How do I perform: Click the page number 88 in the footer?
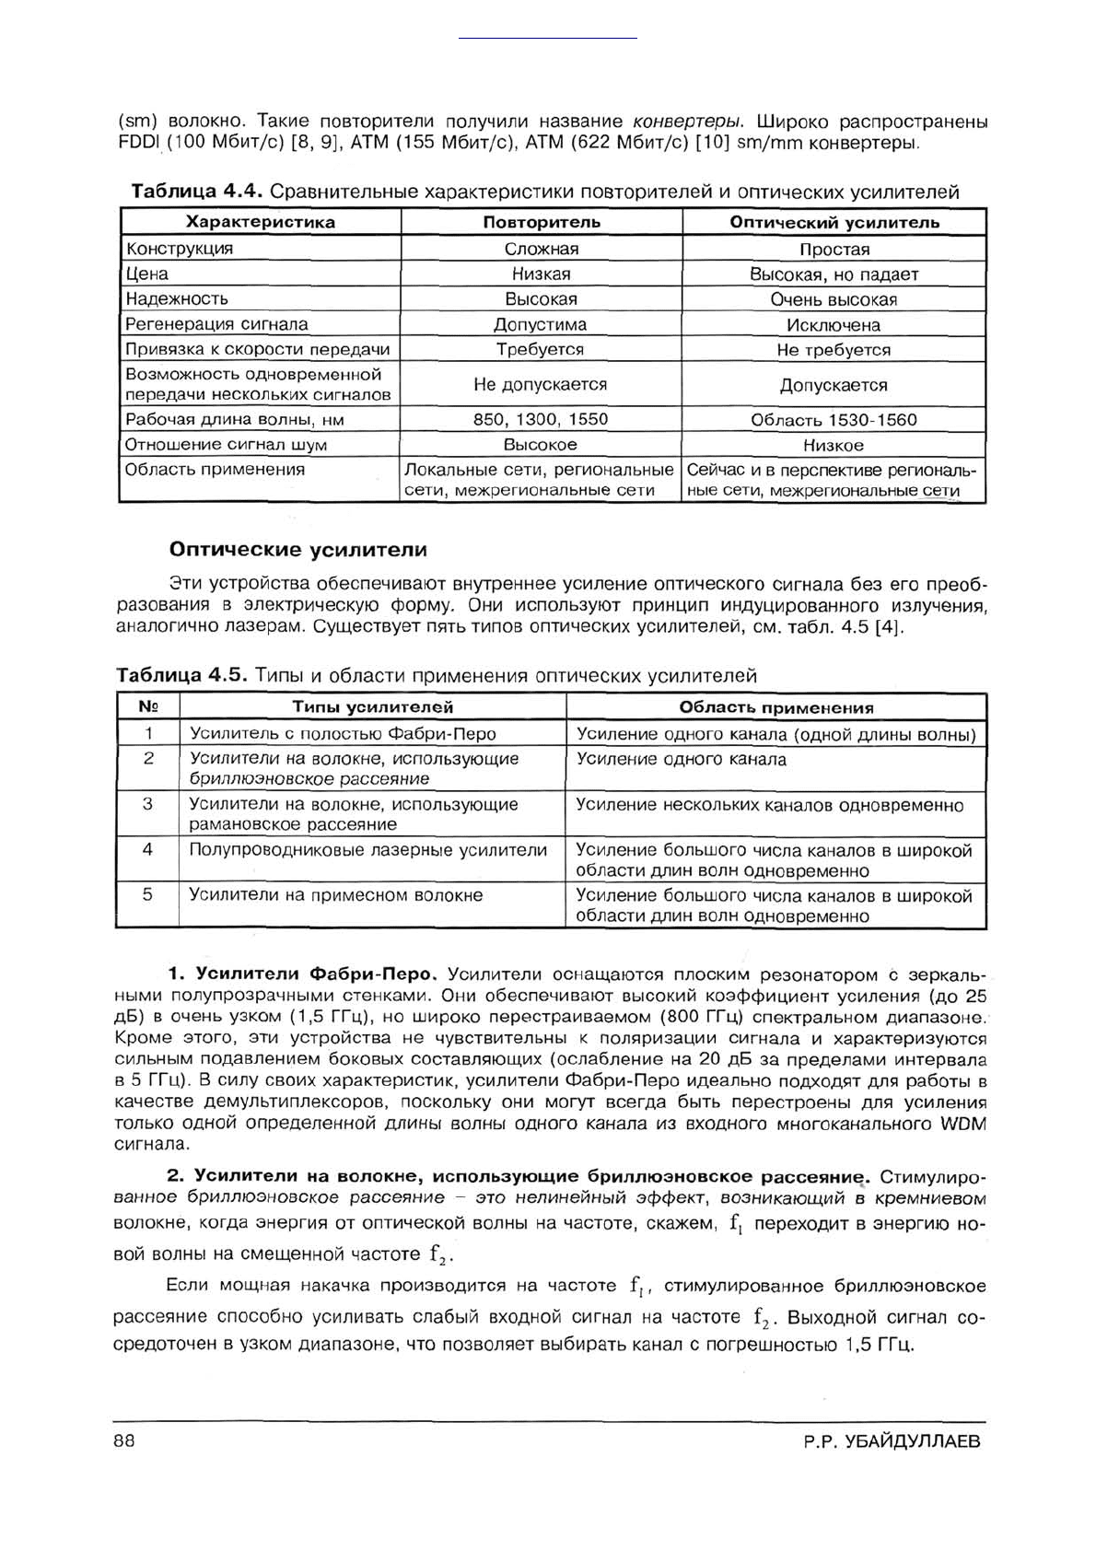click(x=124, y=1441)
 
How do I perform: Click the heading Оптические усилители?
click(x=298, y=550)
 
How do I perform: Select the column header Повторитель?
click(x=542, y=222)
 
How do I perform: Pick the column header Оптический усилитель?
click(x=834, y=222)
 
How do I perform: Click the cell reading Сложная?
click(x=542, y=249)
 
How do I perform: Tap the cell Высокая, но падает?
click(x=834, y=274)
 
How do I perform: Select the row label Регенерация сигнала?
click(x=217, y=324)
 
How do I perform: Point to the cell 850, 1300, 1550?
click(x=542, y=419)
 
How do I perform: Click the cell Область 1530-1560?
click(x=834, y=420)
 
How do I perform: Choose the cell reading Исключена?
click(x=834, y=325)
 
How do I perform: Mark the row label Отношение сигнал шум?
click(x=227, y=445)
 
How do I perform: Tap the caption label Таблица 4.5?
click(x=181, y=675)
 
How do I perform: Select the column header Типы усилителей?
click(x=373, y=707)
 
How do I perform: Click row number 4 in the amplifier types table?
click(x=147, y=849)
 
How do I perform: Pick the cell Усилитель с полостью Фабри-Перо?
click(x=343, y=734)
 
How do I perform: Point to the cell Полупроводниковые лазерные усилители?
click(x=368, y=850)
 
